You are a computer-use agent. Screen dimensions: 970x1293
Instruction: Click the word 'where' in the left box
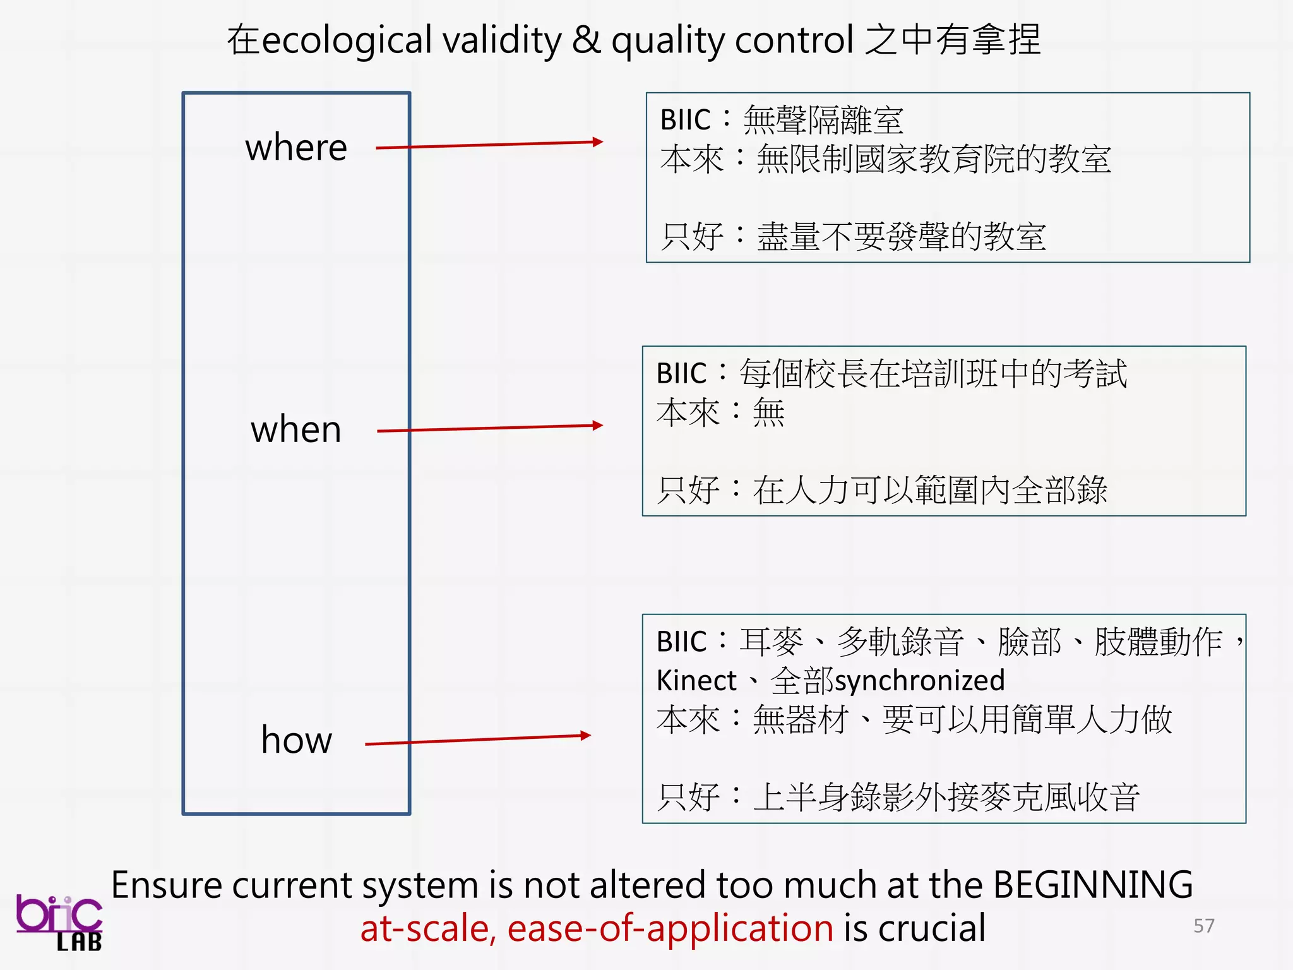coord(296,148)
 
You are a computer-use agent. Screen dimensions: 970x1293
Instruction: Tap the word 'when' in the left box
coord(296,430)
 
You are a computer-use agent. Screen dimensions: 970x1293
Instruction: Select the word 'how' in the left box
coord(296,740)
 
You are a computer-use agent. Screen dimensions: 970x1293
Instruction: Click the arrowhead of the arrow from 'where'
coord(597,142)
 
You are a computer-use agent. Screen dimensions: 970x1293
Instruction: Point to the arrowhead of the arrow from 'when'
coord(597,426)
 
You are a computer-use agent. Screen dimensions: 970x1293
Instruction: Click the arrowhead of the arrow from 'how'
coord(585,735)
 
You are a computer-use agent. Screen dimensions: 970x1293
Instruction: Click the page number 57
coord(1203,926)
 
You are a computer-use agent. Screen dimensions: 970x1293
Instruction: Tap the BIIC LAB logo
coord(60,922)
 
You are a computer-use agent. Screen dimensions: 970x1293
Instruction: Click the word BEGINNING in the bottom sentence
coord(1093,885)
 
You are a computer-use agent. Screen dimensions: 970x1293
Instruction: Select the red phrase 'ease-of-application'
coord(670,928)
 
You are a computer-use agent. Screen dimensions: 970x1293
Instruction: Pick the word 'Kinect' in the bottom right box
coord(696,681)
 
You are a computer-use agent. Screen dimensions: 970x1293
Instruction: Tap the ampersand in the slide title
coord(587,40)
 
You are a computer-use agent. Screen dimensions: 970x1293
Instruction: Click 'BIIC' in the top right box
coord(685,120)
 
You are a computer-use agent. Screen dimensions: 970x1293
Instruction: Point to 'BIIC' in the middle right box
coord(681,373)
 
